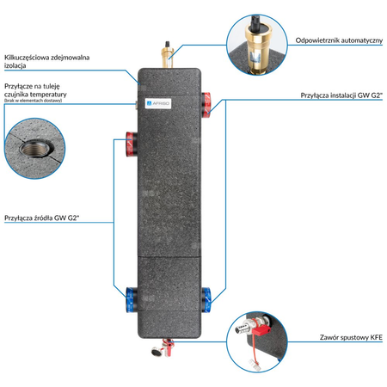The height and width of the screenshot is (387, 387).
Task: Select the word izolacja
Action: pos(17,65)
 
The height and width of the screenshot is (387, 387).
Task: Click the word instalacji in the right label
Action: pos(342,96)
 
